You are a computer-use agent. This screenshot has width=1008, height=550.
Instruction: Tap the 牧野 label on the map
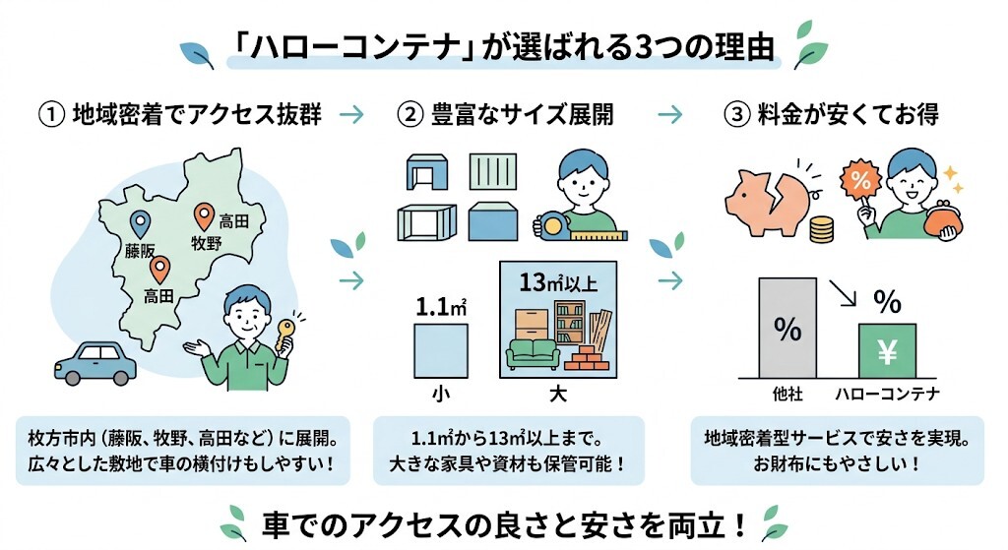click(x=207, y=243)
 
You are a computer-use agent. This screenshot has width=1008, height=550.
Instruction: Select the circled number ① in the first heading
click(x=51, y=115)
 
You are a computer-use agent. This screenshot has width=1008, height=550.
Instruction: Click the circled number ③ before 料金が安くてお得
click(x=737, y=115)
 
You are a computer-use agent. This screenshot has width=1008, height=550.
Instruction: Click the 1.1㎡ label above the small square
click(x=440, y=307)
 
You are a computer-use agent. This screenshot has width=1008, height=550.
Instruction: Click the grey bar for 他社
click(x=787, y=329)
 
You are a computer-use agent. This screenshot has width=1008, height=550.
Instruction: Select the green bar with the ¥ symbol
click(x=887, y=350)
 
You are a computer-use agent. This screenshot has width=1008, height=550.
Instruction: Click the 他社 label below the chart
click(x=787, y=396)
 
